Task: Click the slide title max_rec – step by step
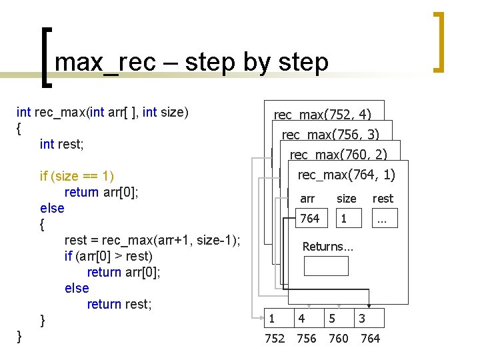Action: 191,62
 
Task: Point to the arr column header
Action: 307,199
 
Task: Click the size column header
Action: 346,199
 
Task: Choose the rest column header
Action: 383,199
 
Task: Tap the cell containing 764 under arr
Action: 309,219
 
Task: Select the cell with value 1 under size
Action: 344,219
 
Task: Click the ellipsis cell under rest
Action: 382,219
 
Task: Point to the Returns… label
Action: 327,247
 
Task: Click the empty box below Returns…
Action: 326,266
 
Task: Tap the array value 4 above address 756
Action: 302,319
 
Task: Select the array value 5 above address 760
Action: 332,319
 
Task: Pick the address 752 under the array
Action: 275,339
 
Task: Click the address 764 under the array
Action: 370,339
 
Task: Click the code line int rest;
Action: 66,143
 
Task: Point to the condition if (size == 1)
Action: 77,176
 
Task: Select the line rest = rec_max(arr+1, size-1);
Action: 153,240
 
